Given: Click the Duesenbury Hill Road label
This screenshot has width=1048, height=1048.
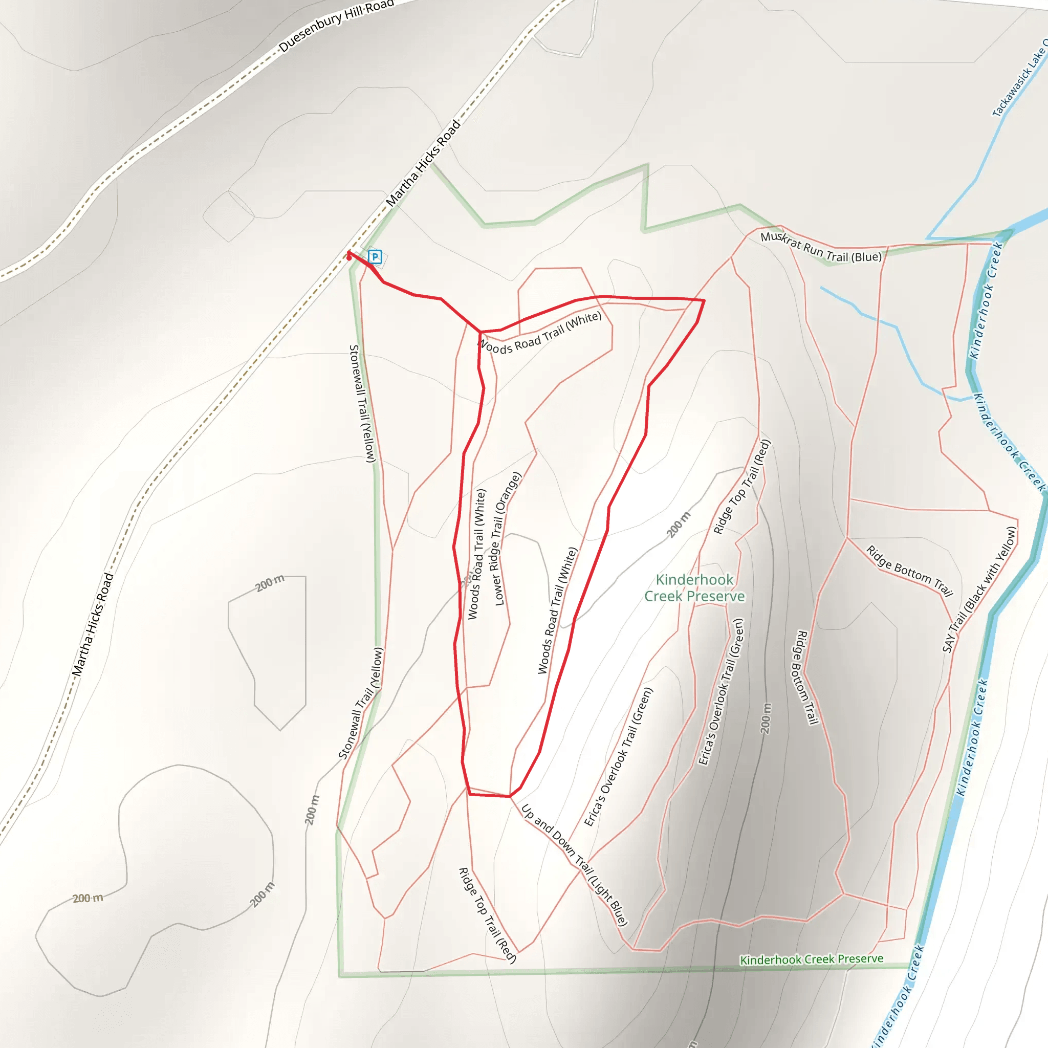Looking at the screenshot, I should [336, 26].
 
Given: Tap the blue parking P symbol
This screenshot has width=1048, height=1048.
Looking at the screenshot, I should [375, 256].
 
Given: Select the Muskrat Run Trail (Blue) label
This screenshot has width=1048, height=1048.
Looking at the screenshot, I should [821, 247].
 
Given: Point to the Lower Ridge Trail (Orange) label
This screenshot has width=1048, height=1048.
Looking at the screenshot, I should [507, 538].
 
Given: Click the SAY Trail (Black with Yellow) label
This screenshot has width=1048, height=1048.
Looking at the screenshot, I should [979, 589].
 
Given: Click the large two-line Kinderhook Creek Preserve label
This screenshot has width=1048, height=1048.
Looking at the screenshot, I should [694, 588].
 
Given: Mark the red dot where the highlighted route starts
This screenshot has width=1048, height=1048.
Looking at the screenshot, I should [349, 258].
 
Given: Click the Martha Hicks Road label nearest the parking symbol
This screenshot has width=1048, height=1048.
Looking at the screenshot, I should [423, 163].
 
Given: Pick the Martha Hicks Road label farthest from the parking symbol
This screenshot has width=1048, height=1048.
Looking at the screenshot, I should [93, 625].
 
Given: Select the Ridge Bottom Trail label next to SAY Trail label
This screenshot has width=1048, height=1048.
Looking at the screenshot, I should [909, 571].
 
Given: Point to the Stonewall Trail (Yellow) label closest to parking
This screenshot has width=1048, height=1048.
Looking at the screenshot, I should [362, 404].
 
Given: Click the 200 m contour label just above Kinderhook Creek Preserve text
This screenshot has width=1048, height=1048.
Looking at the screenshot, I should [679, 524].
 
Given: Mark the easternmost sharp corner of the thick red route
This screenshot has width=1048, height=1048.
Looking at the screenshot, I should [704, 300].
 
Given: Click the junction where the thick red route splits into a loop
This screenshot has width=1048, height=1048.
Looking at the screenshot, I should [480, 332].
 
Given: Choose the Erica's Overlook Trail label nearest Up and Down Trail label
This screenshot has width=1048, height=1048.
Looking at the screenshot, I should [618, 757].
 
